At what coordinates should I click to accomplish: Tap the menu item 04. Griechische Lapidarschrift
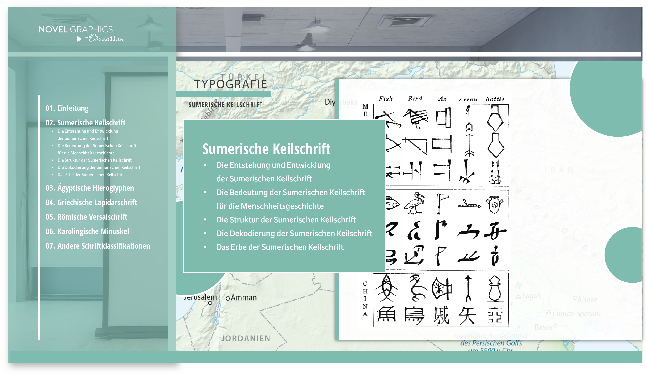pyautogui.click(x=91, y=202)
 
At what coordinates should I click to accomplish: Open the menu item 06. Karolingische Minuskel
pyautogui.click(x=87, y=231)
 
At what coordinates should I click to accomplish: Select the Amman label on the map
pyautogui.click(x=243, y=298)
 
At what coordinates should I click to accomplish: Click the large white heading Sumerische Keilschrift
pyautogui.click(x=266, y=149)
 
